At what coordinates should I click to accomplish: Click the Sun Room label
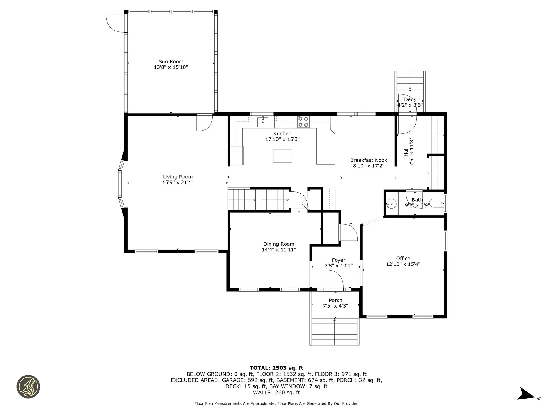tap(171, 61)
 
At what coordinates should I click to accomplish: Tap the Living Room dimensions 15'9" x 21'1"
tap(178, 182)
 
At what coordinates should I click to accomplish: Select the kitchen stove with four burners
tap(303, 122)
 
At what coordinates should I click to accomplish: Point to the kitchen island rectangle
tap(283, 156)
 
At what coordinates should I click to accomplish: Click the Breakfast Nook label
tap(369, 160)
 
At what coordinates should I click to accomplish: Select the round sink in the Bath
tap(391, 204)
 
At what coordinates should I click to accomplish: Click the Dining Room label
tap(279, 244)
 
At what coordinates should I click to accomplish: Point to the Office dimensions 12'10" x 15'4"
tap(403, 264)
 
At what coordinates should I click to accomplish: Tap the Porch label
tap(336, 300)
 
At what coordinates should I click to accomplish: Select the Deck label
tap(410, 99)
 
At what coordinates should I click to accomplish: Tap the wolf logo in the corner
tap(28, 387)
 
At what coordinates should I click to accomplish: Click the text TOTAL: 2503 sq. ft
tap(276, 368)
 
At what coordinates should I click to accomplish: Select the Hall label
tap(406, 152)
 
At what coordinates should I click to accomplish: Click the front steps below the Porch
tap(335, 331)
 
